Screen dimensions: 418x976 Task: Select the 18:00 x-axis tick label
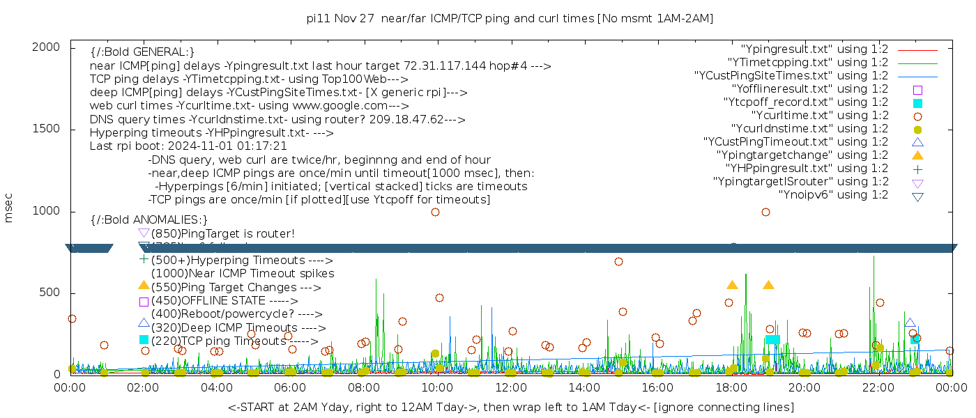(x=731, y=387)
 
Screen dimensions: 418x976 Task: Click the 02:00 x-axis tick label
(x=144, y=387)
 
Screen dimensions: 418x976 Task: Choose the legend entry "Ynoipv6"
(x=833, y=195)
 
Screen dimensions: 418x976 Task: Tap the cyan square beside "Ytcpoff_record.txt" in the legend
(x=917, y=103)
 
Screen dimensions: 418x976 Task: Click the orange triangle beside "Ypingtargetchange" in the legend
(x=917, y=155)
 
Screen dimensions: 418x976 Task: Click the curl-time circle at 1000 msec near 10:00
(x=435, y=212)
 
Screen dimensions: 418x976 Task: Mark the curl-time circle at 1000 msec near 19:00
(x=765, y=212)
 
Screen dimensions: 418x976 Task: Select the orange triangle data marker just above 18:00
(x=732, y=285)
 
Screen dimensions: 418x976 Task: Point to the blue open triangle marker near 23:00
(x=910, y=323)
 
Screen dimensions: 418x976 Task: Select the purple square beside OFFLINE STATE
(x=144, y=302)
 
